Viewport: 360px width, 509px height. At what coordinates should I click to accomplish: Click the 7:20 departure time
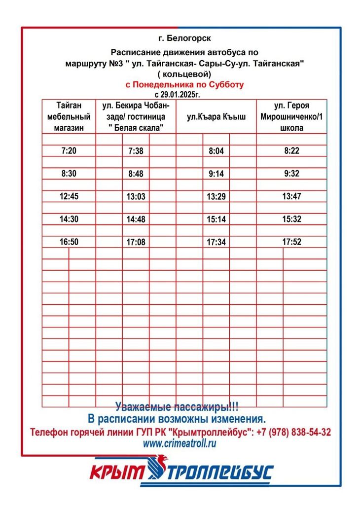click(69, 151)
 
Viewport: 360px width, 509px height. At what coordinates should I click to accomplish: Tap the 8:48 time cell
click(136, 174)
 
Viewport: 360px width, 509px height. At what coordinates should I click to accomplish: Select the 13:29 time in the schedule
click(216, 197)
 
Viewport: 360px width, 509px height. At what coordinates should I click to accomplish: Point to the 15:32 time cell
click(291, 219)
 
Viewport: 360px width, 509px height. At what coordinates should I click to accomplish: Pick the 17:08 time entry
click(136, 242)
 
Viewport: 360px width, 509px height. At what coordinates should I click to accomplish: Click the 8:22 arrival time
click(291, 151)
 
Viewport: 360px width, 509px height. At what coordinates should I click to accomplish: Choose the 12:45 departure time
click(69, 196)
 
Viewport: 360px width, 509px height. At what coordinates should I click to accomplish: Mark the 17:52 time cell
click(291, 242)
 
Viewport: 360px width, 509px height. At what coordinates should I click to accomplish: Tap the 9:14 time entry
click(216, 174)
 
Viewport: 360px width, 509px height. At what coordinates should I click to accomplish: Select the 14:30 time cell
click(69, 219)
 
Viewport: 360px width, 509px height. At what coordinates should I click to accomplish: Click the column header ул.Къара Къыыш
click(216, 117)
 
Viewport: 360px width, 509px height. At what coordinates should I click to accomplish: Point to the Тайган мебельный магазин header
click(69, 116)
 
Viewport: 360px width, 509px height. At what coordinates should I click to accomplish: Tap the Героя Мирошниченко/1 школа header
click(291, 116)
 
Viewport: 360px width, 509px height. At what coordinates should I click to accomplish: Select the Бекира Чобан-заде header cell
click(136, 116)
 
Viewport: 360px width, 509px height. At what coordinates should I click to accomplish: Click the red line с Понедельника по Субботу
click(184, 84)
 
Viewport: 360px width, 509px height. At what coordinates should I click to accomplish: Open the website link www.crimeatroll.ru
click(180, 443)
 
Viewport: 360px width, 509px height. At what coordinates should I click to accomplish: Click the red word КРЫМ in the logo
click(117, 473)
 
